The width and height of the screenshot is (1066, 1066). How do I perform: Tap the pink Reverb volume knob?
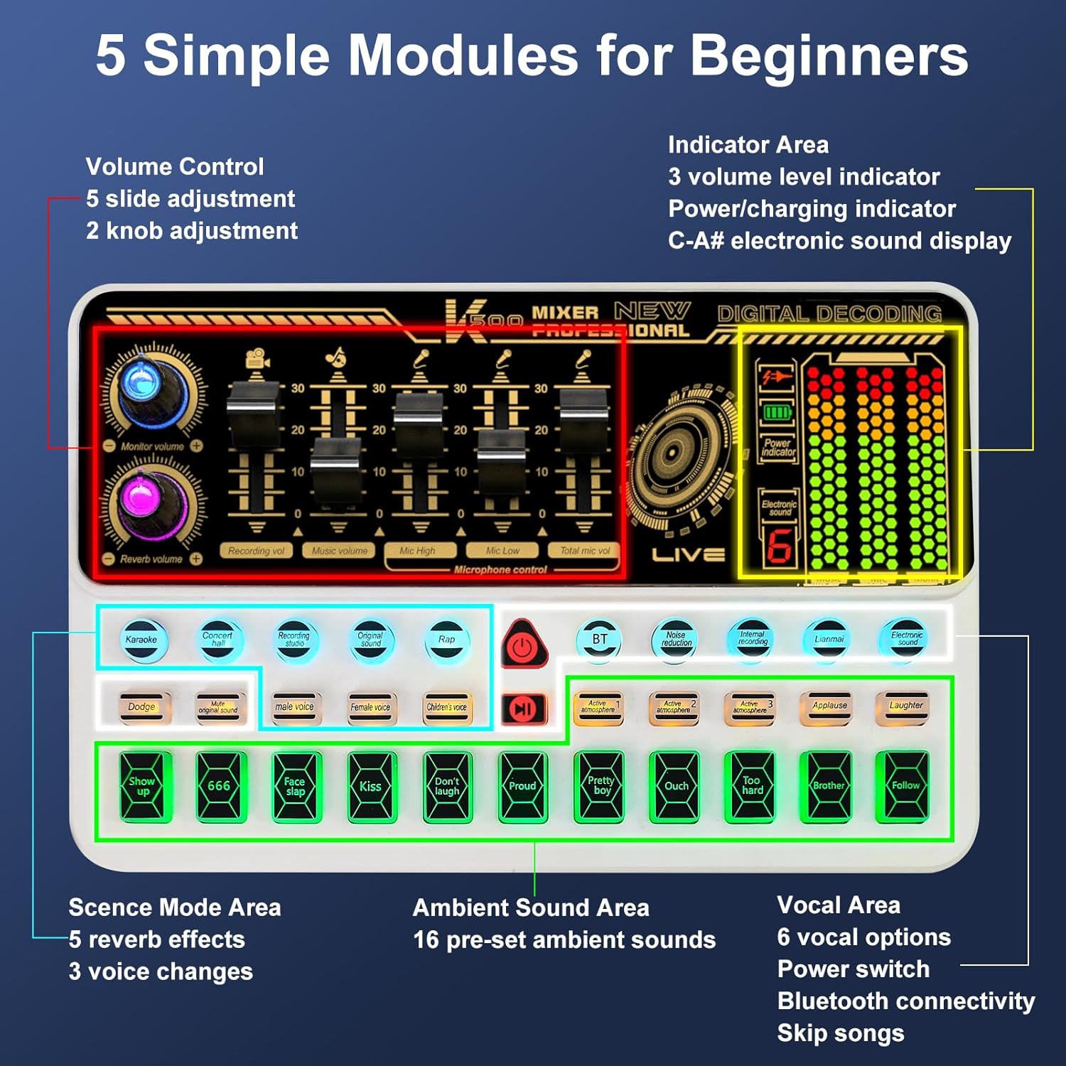(144, 500)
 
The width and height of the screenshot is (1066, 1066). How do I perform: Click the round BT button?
(599, 640)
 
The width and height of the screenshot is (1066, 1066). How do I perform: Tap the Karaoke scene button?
(142, 640)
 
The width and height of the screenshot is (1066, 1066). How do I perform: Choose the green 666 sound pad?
(219, 786)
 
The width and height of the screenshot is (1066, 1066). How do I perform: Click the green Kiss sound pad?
(370, 787)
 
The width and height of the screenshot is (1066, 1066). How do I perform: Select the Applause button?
(829, 707)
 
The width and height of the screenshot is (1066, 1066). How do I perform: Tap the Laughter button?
(905, 707)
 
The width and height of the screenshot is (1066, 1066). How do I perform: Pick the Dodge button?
(142, 708)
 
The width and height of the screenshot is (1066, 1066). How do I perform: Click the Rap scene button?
(446, 640)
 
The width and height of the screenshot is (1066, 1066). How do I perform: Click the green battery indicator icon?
(777, 413)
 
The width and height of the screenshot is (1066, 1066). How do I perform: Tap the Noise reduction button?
(676, 640)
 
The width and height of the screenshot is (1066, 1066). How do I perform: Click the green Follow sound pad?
(904, 786)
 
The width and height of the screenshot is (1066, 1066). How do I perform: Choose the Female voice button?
(370, 708)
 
